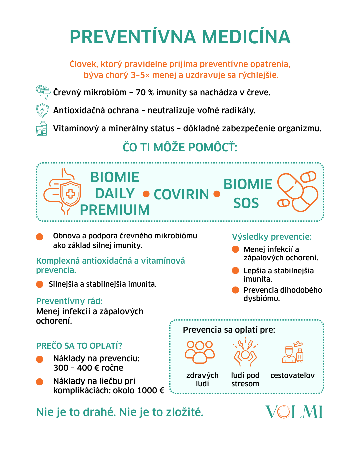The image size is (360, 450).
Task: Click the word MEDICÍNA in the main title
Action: click(x=246, y=37)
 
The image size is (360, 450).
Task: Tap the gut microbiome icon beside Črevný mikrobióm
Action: click(x=43, y=92)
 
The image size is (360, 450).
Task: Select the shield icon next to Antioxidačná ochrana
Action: click(x=42, y=110)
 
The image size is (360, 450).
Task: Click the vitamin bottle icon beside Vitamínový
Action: click(x=42, y=128)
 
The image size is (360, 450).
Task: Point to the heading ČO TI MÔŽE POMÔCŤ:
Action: click(x=180, y=147)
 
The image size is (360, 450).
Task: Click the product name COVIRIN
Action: click(x=181, y=194)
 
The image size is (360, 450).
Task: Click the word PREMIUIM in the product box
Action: click(x=115, y=210)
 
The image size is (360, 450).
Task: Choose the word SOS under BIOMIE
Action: click(x=246, y=203)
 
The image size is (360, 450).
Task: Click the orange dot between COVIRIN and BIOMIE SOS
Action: click(x=217, y=194)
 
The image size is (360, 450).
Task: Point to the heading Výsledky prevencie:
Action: click(x=272, y=237)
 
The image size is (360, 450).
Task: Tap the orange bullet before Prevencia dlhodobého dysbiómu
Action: click(x=236, y=290)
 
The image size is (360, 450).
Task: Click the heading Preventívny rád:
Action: click(x=69, y=301)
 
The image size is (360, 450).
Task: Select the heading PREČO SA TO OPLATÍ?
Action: click(x=79, y=346)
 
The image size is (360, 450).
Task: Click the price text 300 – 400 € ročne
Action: click(x=88, y=368)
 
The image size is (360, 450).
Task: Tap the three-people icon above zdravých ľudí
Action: click(x=200, y=352)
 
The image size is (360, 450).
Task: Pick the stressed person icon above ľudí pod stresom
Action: click(x=245, y=352)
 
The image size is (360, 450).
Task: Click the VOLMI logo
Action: click(x=294, y=412)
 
